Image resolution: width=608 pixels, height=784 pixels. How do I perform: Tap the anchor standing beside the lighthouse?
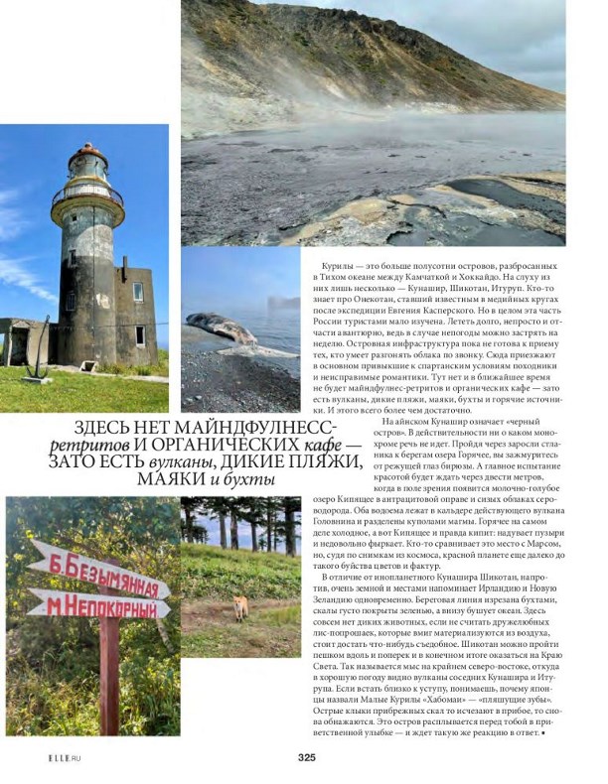[x=37, y=362]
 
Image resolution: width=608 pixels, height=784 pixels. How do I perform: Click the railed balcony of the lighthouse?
[x=87, y=192]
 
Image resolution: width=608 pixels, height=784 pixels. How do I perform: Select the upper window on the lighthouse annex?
[x=138, y=292]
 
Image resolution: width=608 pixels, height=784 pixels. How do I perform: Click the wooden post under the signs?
[x=108, y=685]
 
